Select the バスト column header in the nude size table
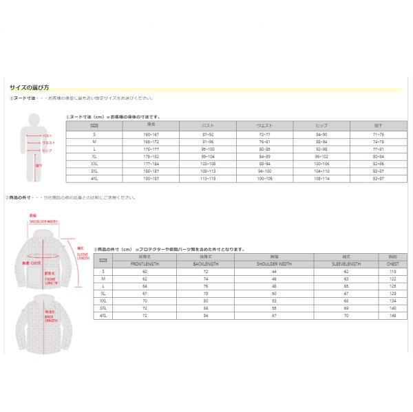208,125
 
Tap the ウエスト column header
264,125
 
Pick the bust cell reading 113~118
208,179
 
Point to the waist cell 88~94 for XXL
264,164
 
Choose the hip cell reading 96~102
321,156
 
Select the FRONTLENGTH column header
145,262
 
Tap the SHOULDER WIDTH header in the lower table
274,262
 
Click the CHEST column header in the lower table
392,262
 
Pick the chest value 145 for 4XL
392,316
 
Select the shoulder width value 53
274,301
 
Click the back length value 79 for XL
205,293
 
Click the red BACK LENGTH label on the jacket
50,317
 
